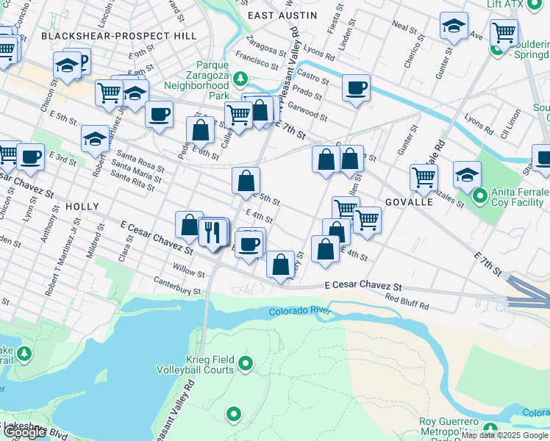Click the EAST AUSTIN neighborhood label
(x=282, y=15)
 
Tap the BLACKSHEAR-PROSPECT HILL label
(x=119, y=35)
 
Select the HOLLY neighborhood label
(x=82, y=207)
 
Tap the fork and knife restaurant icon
(x=214, y=232)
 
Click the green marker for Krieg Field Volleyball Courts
(x=246, y=362)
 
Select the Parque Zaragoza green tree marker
(x=240, y=78)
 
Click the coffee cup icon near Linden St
(x=356, y=88)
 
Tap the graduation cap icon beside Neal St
(x=454, y=26)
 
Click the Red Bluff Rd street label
(x=407, y=301)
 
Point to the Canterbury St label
(x=176, y=286)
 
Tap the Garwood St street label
(x=308, y=112)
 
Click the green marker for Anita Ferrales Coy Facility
(x=480, y=196)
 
